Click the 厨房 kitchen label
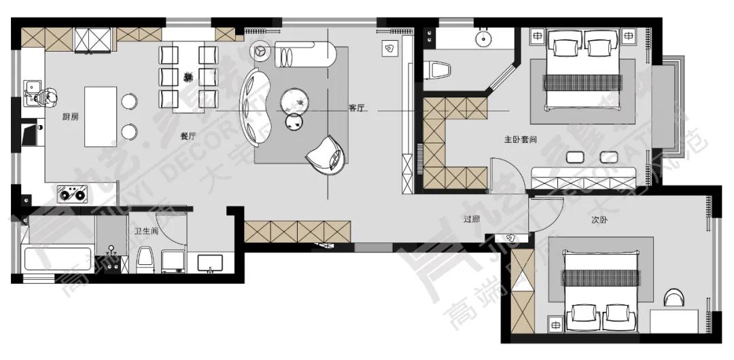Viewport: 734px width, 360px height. [x=70, y=117]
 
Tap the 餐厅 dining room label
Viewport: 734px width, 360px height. [x=188, y=136]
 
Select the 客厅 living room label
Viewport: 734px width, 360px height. [x=357, y=108]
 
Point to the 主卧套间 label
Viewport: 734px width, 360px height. [x=521, y=140]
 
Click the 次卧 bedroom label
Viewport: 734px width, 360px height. [x=599, y=220]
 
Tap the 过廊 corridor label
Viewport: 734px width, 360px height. [x=473, y=219]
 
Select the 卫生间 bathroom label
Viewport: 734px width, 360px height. [x=146, y=232]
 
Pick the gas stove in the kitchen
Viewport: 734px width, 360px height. [x=72, y=195]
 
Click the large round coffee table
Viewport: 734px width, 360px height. [x=296, y=100]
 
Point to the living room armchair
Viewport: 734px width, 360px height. [x=328, y=155]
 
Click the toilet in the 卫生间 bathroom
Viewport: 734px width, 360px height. [x=145, y=259]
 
